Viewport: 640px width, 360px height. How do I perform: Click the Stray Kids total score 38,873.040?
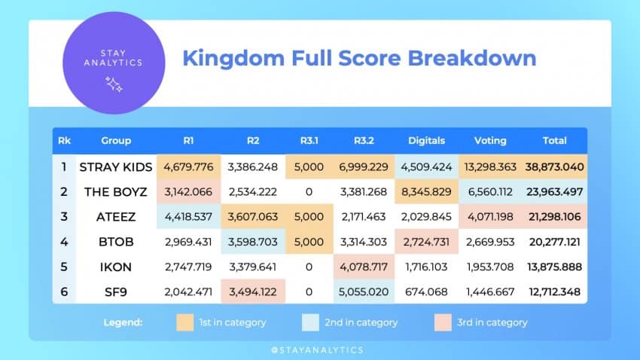tap(556, 166)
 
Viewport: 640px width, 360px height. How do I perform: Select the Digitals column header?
tap(426, 140)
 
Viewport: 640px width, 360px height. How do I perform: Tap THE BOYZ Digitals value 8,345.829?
tap(426, 191)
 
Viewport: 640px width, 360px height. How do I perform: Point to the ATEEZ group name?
tap(116, 216)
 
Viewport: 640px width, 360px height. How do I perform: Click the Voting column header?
tap(489, 140)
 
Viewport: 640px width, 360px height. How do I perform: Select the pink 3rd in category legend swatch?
tap(443, 322)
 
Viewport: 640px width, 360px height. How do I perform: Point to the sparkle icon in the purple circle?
tap(114, 84)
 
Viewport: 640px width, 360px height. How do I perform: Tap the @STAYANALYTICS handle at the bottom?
tap(319, 349)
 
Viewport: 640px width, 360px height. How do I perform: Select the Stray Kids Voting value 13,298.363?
tap(489, 166)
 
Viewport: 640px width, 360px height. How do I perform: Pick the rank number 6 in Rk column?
tap(64, 290)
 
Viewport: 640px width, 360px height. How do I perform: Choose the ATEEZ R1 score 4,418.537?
tap(188, 216)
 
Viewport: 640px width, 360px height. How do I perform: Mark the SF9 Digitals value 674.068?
tap(426, 290)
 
